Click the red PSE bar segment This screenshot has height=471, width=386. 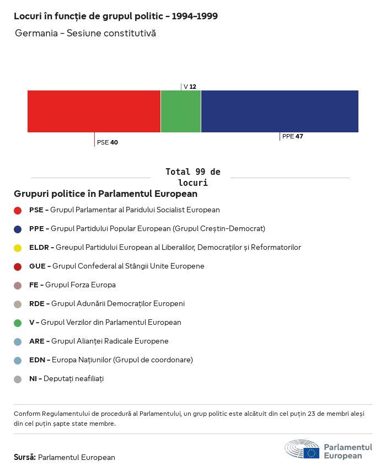point(94,111)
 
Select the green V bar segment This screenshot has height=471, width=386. point(181,111)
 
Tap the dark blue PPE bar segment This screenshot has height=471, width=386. point(280,111)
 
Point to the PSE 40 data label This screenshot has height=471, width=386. point(108,142)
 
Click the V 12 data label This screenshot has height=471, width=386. point(190,87)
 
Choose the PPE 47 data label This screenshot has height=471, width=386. point(292,136)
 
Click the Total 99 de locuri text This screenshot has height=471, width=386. point(192,177)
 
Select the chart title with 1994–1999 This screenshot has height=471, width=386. point(116,16)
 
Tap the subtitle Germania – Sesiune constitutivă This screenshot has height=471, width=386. point(85,33)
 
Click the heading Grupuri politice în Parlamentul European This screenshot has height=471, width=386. point(105,194)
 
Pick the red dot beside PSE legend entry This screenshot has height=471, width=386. point(18,210)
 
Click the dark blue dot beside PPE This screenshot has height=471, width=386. point(18,229)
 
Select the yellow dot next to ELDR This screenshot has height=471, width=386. point(18,248)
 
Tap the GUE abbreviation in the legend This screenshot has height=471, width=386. point(37,266)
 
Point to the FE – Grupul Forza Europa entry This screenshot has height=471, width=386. point(72,285)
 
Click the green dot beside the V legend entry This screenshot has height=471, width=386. point(18,323)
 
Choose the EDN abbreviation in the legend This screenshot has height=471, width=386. point(37,360)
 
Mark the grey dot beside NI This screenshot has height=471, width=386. point(18,379)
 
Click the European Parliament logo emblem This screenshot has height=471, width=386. point(302,449)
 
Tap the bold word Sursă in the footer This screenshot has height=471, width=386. point(25,457)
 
